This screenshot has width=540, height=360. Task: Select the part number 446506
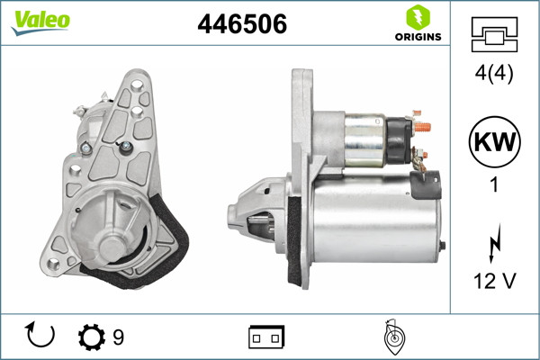241,25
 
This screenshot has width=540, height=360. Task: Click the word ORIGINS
417,37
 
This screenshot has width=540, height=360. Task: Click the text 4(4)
494,76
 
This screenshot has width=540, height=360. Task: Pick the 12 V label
495,282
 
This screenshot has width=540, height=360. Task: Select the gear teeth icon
92,337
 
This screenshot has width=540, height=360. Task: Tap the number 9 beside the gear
118,337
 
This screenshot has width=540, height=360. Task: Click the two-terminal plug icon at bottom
266,337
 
